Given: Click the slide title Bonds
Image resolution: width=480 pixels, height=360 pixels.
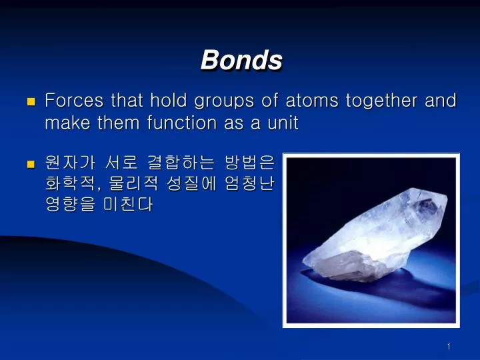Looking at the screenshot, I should [241, 60].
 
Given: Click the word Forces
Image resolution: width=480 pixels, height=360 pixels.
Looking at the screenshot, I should [73, 101].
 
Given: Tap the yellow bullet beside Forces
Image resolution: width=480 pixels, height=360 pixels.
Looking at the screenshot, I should [30, 102].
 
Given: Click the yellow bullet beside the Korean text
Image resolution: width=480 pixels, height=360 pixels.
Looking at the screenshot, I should [30, 163].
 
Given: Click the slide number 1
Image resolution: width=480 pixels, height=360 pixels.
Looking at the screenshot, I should [449, 346].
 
